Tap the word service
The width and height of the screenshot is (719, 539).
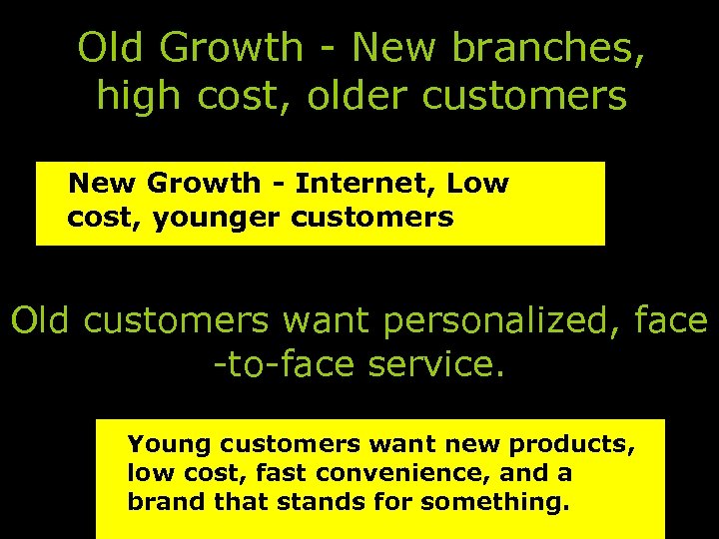(437, 364)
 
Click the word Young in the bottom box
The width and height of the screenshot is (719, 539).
(164, 442)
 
